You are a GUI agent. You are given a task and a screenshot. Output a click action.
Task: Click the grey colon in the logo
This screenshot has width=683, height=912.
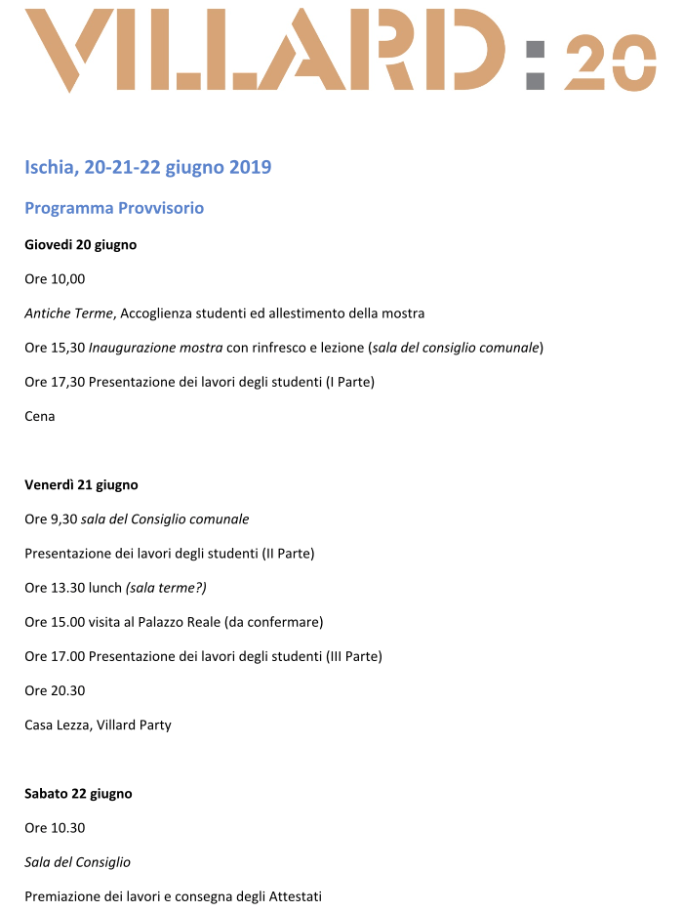(535, 64)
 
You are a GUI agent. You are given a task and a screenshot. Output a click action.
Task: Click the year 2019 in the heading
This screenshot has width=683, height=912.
(250, 167)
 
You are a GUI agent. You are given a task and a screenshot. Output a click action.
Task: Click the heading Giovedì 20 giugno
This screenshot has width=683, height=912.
(80, 244)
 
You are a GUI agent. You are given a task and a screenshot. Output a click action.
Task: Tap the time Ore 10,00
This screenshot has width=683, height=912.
(55, 278)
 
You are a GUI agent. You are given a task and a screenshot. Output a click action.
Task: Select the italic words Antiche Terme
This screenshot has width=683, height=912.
(69, 312)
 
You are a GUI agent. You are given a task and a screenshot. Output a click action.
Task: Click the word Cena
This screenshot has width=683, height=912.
(40, 416)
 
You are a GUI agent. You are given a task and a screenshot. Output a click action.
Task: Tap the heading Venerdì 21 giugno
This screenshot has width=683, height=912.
(81, 484)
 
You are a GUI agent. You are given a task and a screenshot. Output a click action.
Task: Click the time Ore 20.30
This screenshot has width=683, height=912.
(55, 690)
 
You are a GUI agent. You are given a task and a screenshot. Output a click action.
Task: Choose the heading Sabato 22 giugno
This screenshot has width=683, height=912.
(78, 793)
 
